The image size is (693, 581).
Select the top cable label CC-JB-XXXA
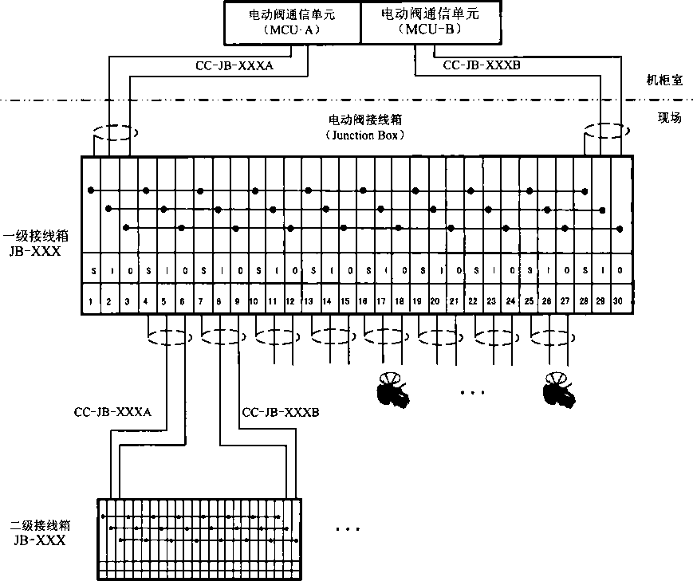234,67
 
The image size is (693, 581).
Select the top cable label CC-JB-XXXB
481,65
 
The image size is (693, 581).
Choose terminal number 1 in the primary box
91,301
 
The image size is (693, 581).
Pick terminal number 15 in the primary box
345,301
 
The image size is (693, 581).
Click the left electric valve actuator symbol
393,391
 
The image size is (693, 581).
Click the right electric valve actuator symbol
558,391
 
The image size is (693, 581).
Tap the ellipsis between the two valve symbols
474,392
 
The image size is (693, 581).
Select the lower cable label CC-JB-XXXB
280,412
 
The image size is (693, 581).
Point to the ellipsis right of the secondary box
347,529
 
